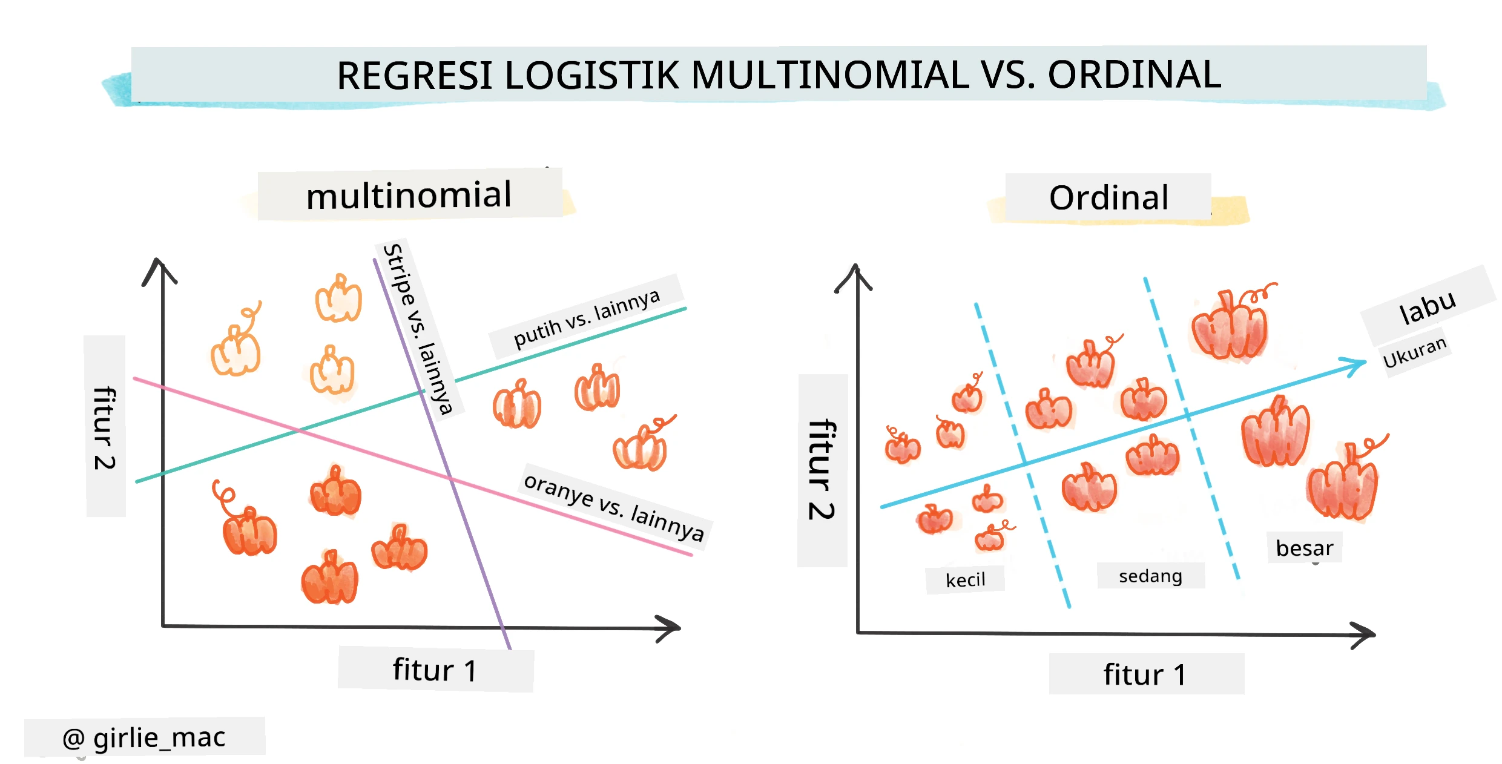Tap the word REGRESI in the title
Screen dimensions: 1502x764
coord(415,76)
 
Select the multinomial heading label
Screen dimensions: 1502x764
coord(409,195)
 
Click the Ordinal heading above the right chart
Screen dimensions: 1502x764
coord(1108,197)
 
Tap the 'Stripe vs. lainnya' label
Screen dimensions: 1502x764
coord(418,329)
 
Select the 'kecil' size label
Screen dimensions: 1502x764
coord(966,580)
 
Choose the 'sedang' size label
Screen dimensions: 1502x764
coord(1150,576)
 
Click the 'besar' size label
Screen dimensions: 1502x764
coord(1304,548)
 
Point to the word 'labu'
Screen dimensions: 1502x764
coord(1428,307)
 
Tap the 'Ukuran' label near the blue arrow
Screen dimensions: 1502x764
coord(1415,352)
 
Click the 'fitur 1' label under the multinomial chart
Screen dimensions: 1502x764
coord(435,670)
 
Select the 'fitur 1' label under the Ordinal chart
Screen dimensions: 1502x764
coord(1145,674)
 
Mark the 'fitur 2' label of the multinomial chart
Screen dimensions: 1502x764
coord(105,427)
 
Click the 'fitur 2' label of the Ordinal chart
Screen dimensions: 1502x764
coord(822,469)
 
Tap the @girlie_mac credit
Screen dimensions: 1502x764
coord(144,737)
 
